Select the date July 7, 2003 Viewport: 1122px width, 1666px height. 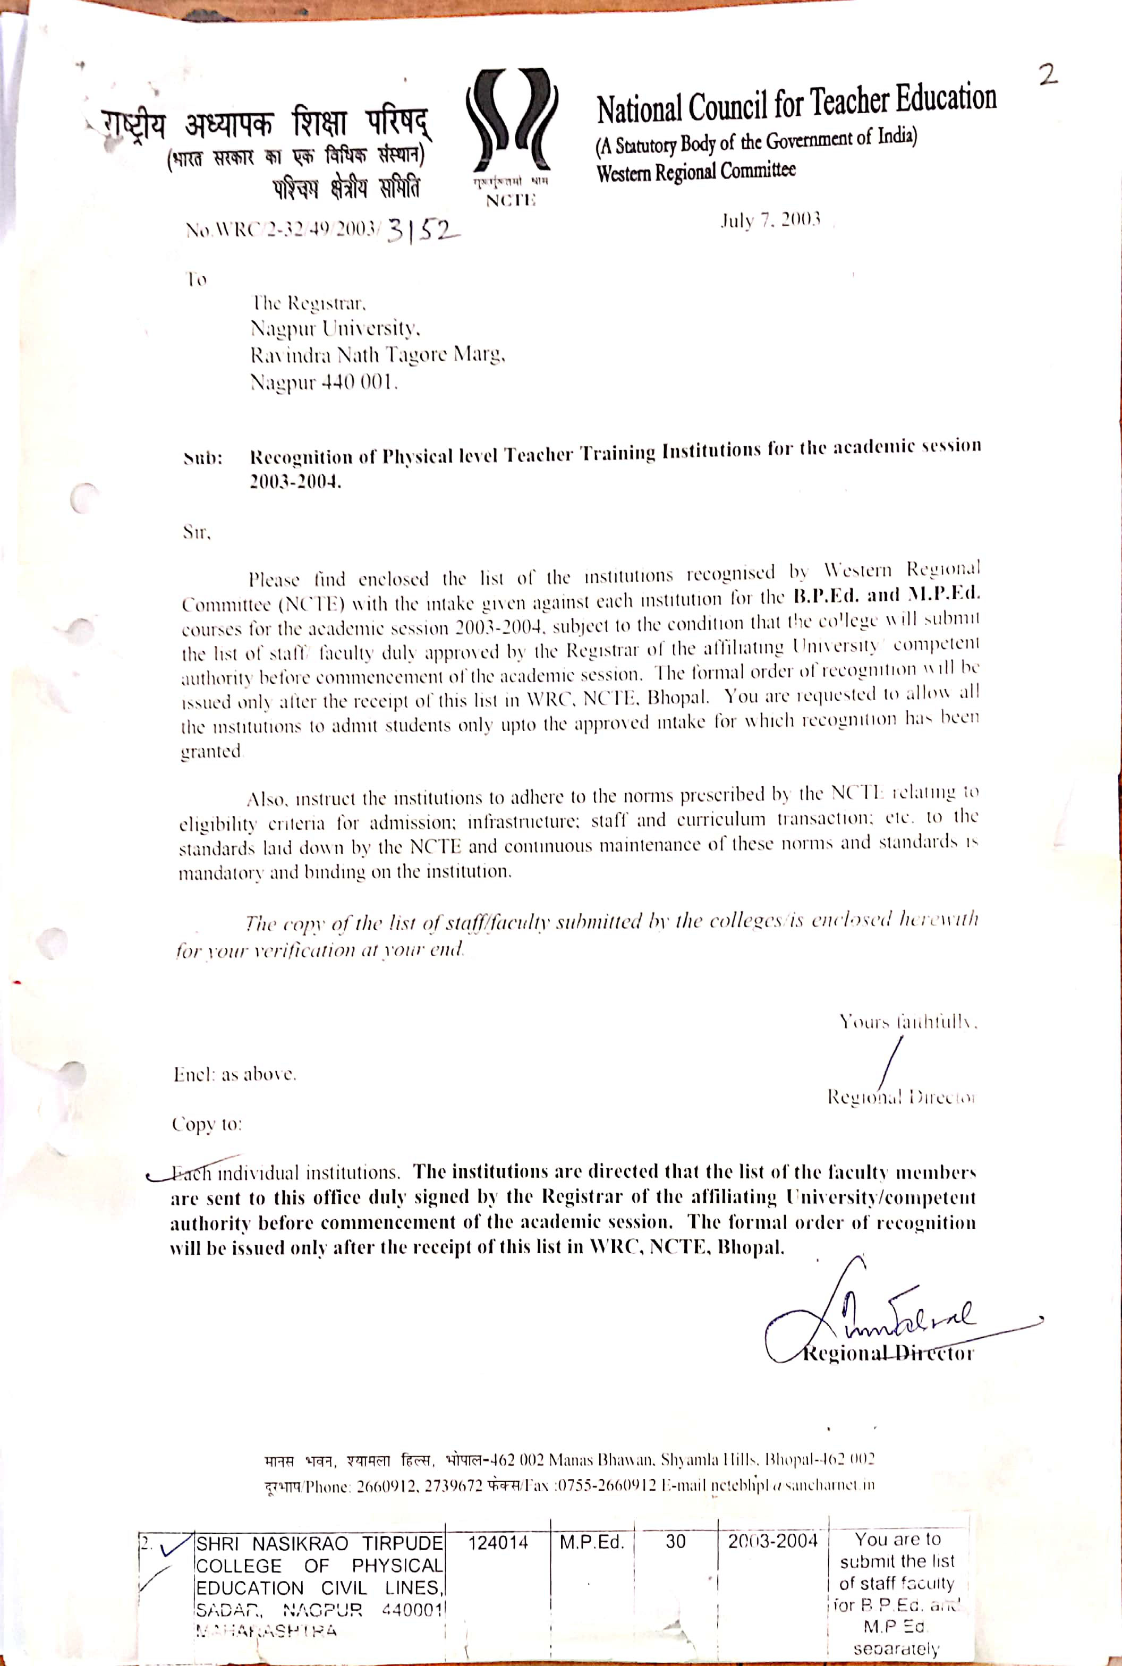(x=769, y=220)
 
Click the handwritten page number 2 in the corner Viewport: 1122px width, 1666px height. (x=1048, y=74)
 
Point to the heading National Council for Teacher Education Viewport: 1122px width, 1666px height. (x=796, y=104)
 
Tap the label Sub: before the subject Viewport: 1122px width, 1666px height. (x=203, y=458)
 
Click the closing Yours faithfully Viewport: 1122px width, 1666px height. (x=907, y=1021)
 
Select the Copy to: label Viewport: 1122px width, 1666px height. (x=207, y=1124)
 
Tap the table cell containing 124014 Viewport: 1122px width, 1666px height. (x=497, y=1542)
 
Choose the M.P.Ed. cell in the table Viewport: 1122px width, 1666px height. (x=592, y=1542)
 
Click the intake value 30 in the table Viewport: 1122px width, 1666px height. (x=676, y=1542)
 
